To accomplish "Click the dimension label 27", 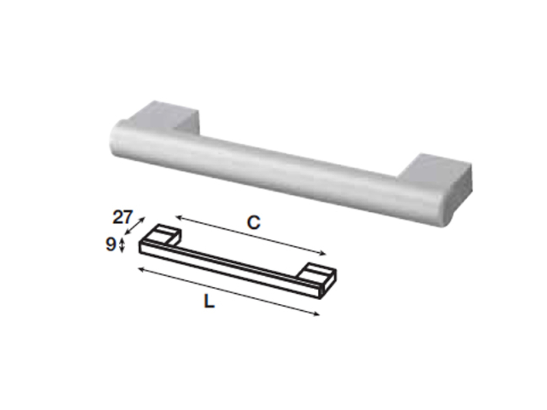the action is [122, 217].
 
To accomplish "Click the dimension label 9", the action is [110, 245].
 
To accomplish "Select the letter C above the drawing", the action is [254, 223].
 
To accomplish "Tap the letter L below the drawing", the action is [209, 301].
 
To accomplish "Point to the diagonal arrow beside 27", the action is [135, 225].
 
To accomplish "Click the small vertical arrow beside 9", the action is [122, 245].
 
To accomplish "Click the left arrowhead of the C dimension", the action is [178, 217].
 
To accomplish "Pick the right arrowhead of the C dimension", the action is [323, 254].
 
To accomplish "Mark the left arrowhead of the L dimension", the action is [142, 269].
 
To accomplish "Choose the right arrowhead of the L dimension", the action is [316, 314].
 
